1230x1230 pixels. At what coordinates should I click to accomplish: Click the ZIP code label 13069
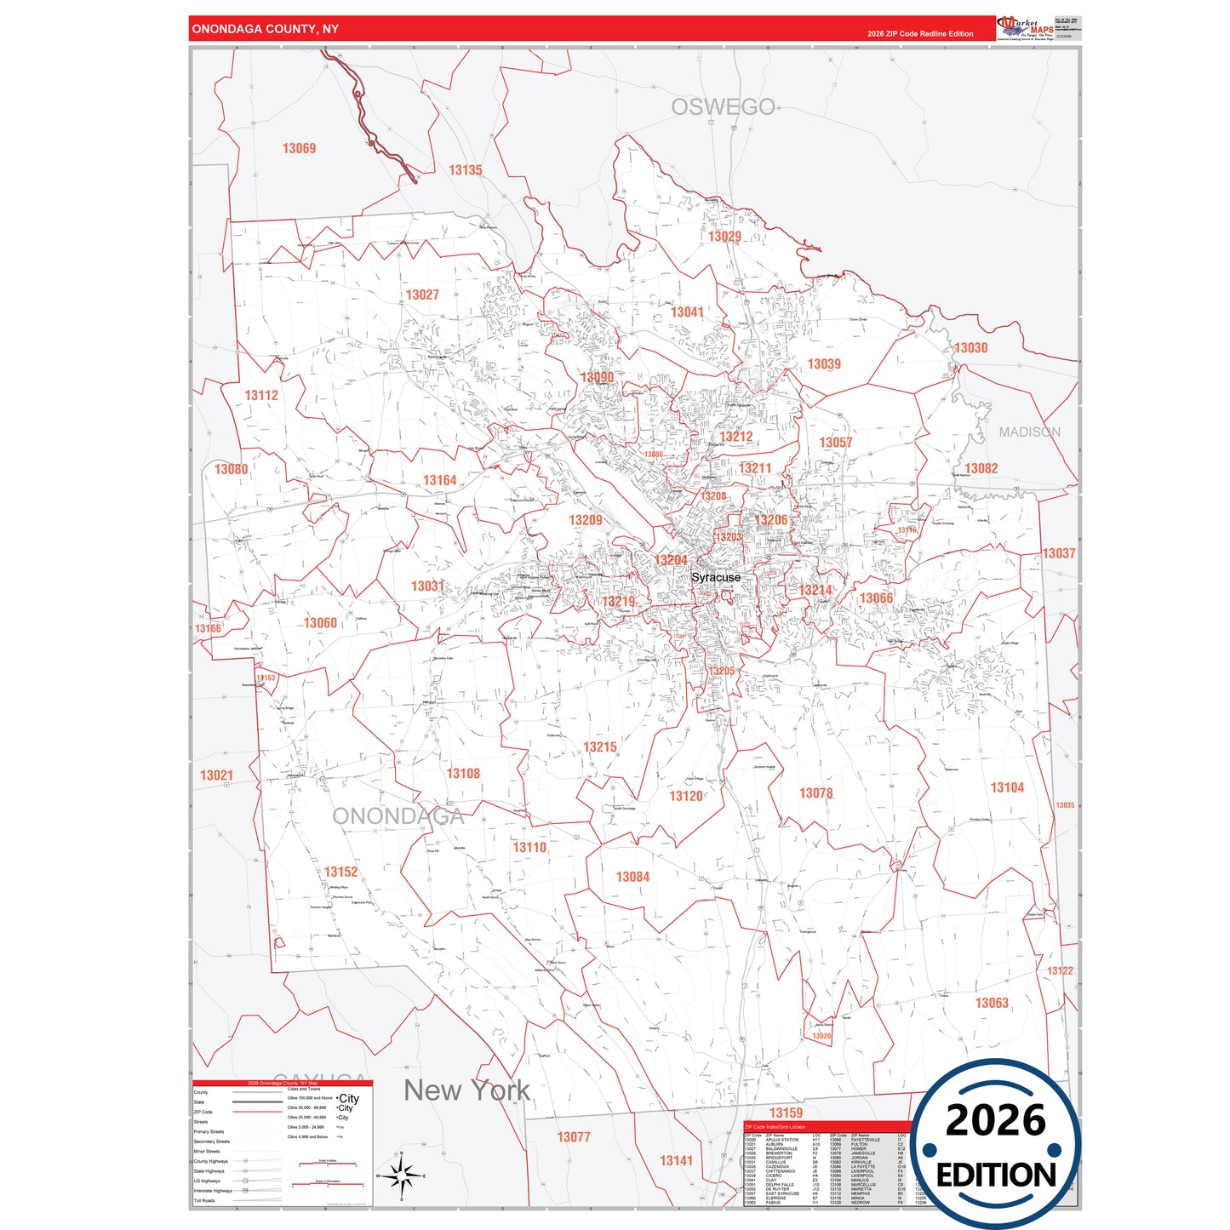point(299,148)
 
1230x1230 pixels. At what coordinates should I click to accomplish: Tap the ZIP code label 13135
point(465,170)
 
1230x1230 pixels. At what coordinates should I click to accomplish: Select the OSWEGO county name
point(723,107)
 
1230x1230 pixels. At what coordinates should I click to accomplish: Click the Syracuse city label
point(715,577)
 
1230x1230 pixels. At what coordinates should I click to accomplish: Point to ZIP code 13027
point(422,295)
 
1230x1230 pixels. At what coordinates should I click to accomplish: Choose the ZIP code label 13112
point(261,395)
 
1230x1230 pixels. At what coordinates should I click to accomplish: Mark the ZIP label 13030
point(970,347)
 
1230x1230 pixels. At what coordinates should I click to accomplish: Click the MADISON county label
point(1029,432)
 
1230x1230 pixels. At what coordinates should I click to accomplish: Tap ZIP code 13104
point(1007,787)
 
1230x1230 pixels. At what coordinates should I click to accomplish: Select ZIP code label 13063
point(992,1003)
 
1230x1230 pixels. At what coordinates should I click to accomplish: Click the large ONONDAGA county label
point(398,816)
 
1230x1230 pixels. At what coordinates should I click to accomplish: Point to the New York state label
point(466,1090)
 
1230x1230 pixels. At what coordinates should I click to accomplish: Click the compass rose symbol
point(401,1176)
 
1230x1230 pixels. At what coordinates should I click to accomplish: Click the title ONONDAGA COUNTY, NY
point(265,29)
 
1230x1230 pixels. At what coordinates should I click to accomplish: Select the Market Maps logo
point(1025,28)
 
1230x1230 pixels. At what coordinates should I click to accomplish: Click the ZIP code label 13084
point(632,877)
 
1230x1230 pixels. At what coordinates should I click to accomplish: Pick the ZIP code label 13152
point(340,872)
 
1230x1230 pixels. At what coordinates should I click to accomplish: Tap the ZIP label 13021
point(216,775)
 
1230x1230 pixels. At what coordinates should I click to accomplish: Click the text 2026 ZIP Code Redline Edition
point(920,34)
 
